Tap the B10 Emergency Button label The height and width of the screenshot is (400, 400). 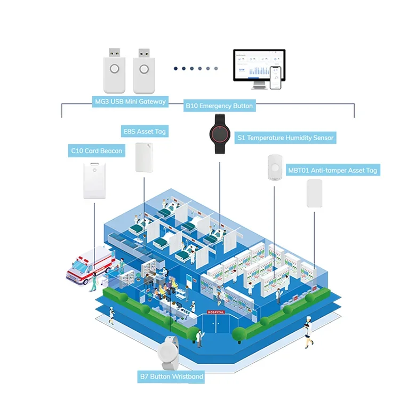tap(219, 106)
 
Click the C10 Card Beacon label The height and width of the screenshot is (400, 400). tap(97, 151)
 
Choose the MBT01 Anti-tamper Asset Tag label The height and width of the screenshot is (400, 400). tap(332, 170)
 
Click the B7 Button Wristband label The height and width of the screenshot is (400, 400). tap(172, 377)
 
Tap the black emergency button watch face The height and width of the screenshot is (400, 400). tap(219, 134)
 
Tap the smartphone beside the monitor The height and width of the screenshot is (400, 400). tap(276, 78)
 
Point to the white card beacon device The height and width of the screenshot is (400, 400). tap(96, 181)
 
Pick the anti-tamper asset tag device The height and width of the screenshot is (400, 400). tap(314, 193)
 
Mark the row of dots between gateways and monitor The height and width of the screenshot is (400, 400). tap(196, 68)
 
